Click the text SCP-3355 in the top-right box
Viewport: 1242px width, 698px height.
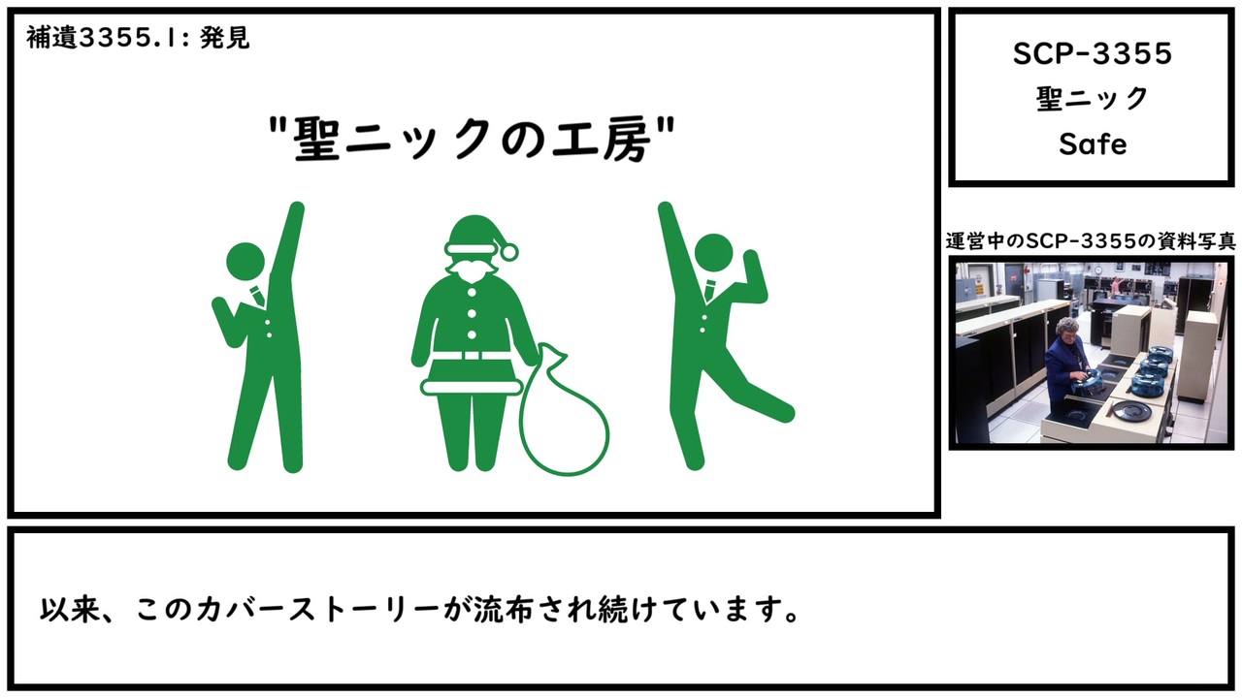tap(1093, 54)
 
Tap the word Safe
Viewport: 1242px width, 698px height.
tap(1093, 144)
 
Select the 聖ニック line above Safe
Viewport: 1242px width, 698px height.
tap(1093, 99)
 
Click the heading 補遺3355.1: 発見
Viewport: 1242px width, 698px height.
tap(138, 38)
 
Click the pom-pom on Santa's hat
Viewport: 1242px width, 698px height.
tap(507, 252)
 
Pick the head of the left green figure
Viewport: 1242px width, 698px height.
tap(245, 262)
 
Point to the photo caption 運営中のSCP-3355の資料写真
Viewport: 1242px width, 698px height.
tap(1091, 241)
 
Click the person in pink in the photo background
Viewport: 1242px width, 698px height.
tap(1116, 284)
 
